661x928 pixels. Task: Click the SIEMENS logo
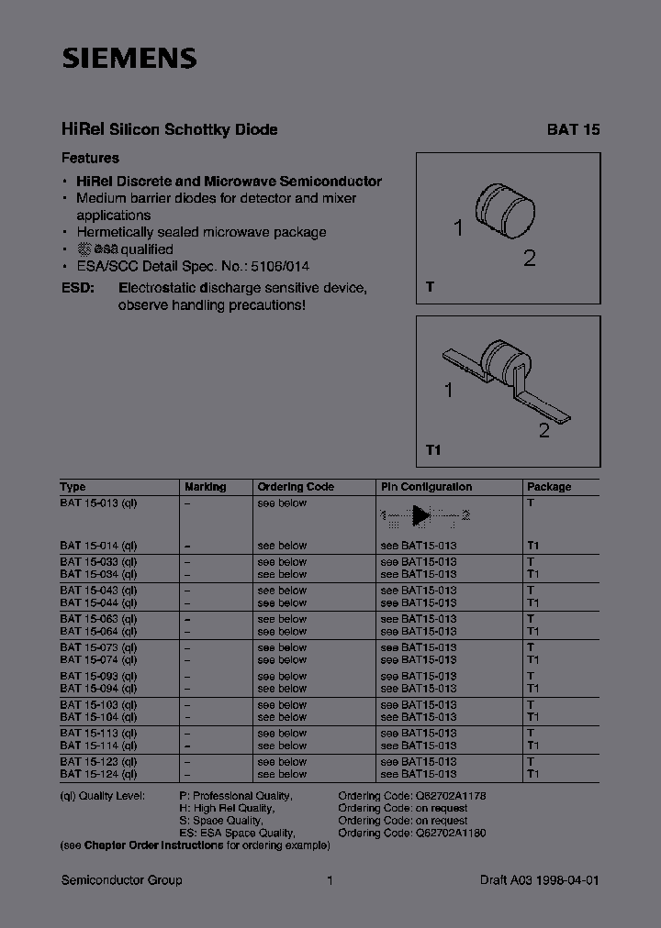(x=129, y=60)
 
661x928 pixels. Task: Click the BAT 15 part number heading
(x=573, y=130)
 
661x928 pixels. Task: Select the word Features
(x=90, y=158)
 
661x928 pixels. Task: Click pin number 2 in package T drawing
(x=529, y=258)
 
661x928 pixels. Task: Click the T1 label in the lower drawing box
(x=434, y=450)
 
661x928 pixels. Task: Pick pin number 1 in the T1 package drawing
(x=448, y=392)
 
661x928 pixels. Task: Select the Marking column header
(x=205, y=487)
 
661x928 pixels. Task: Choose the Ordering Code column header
(x=296, y=487)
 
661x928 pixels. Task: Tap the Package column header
(x=549, y=487)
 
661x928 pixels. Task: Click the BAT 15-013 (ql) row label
(x=99, y=503)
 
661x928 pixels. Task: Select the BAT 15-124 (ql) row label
(x=99, y=774)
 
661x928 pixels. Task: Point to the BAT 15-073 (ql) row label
(x=99, y=647)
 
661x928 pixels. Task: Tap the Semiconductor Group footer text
(x=121, y=880)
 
